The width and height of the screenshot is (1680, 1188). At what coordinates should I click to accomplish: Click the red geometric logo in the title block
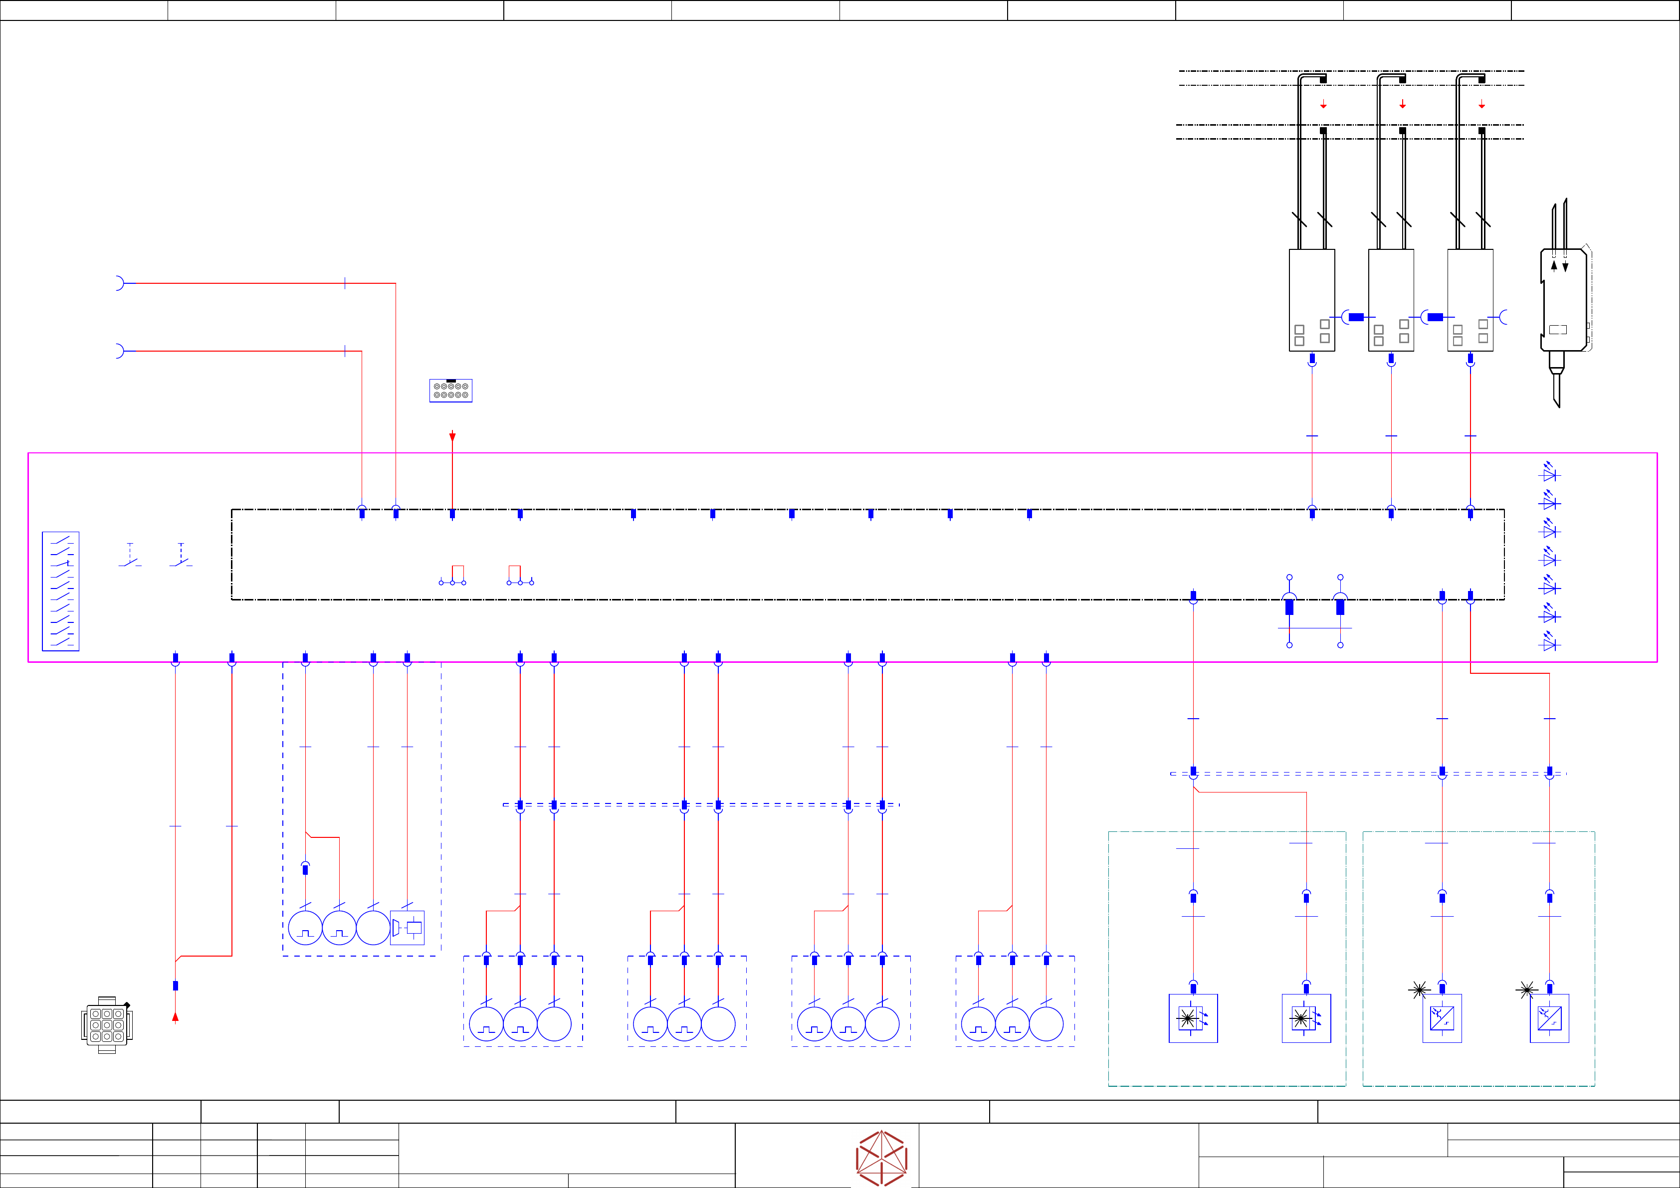(882, 1157)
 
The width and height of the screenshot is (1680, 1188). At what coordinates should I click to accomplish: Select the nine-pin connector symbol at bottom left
(107, 1025)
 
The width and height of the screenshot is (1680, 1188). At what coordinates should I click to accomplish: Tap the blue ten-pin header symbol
(451, 391)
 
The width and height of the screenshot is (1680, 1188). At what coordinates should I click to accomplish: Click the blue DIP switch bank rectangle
(61, 591)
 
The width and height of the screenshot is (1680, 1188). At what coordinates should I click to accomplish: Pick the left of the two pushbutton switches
(130, 558)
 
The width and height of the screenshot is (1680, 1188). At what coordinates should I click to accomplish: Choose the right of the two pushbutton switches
(181, 558)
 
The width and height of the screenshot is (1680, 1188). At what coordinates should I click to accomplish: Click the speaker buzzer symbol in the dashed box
(407, 928)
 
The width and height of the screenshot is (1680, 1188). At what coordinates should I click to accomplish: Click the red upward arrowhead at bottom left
(176, 1017)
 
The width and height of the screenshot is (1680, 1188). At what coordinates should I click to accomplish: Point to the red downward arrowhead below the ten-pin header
(452, 437)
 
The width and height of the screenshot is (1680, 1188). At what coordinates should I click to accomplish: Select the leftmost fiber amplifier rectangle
(1311, 300)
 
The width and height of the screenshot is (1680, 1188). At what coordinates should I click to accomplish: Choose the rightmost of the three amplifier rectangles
(1470, 300)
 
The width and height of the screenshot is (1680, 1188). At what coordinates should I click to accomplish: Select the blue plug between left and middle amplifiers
(1356, 317)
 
